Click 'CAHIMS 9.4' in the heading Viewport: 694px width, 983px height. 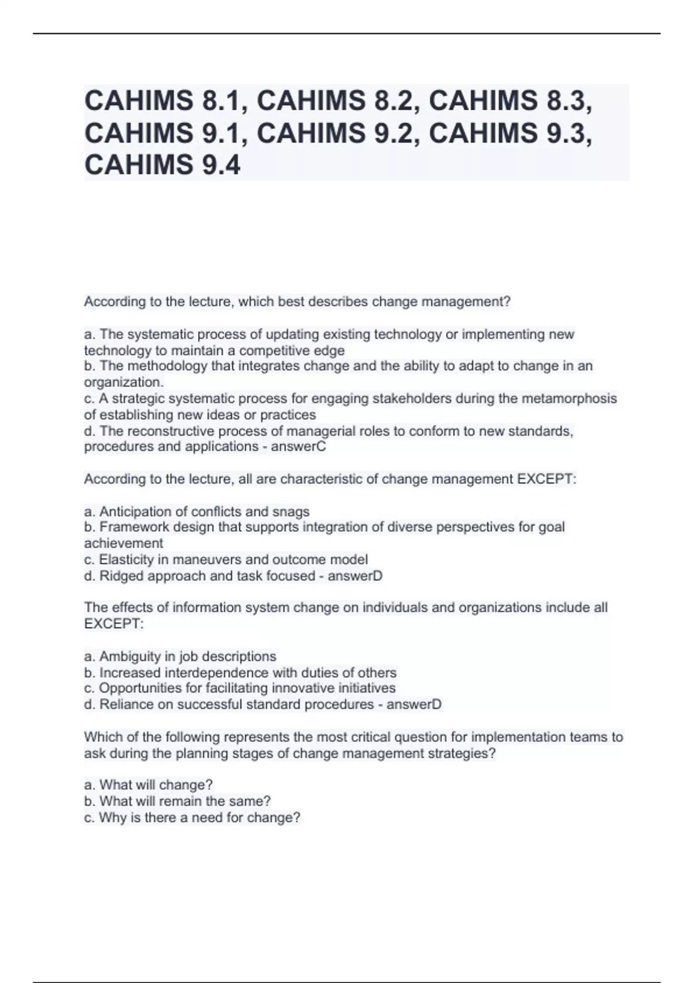(x=162, y=165)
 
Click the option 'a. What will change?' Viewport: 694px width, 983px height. (x=148, y=785)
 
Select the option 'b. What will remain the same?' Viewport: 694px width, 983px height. (x=177, y=801)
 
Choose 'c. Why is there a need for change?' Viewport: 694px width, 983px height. (x=192, y=818)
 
